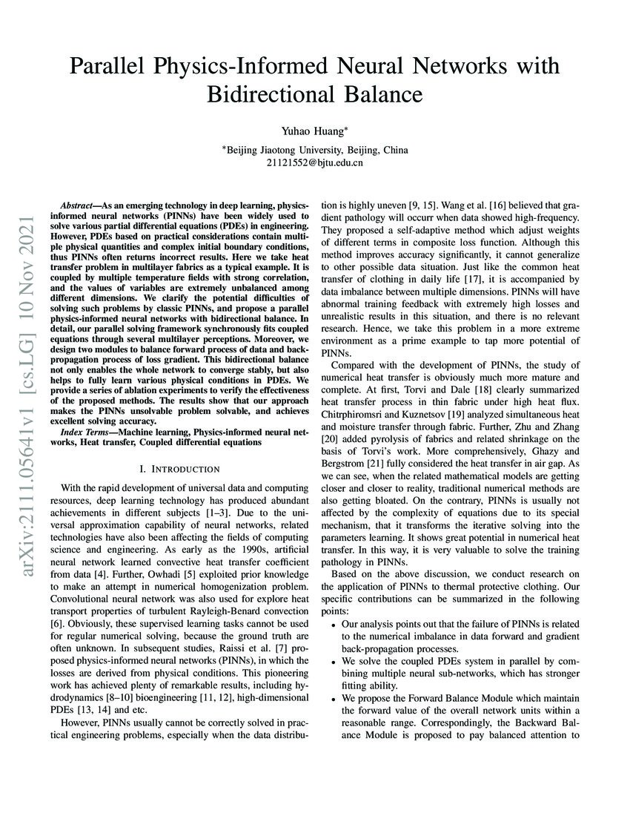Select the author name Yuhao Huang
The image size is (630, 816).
tap(314, 131)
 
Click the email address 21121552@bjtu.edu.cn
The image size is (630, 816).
tap(314, 162)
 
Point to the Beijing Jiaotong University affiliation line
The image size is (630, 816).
tap(315, 149)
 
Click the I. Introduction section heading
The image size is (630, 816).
tap(180, 469)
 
